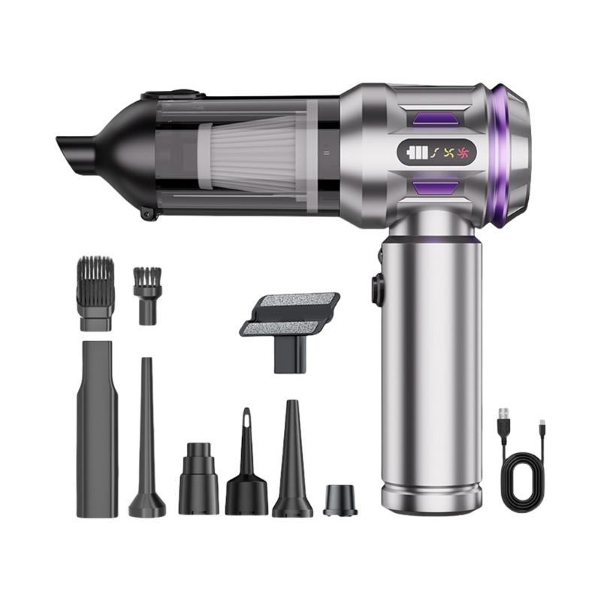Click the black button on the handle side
375,289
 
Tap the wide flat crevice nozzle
97,428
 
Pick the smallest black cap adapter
340,500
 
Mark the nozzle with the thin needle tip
246,466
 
